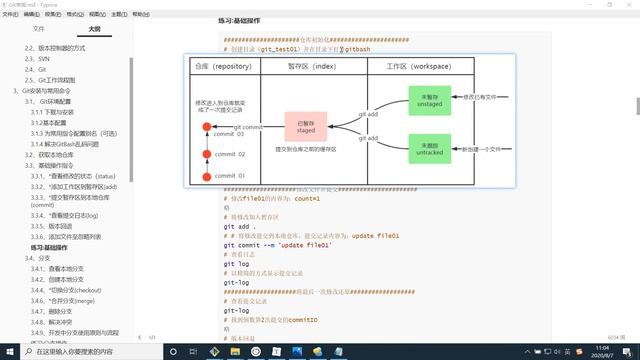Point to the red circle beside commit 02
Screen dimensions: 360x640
pos(207,154)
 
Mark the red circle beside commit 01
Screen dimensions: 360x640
pos(207,176)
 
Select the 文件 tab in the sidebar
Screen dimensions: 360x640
pos(38,29)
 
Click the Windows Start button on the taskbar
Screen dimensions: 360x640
pos(9,352)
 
